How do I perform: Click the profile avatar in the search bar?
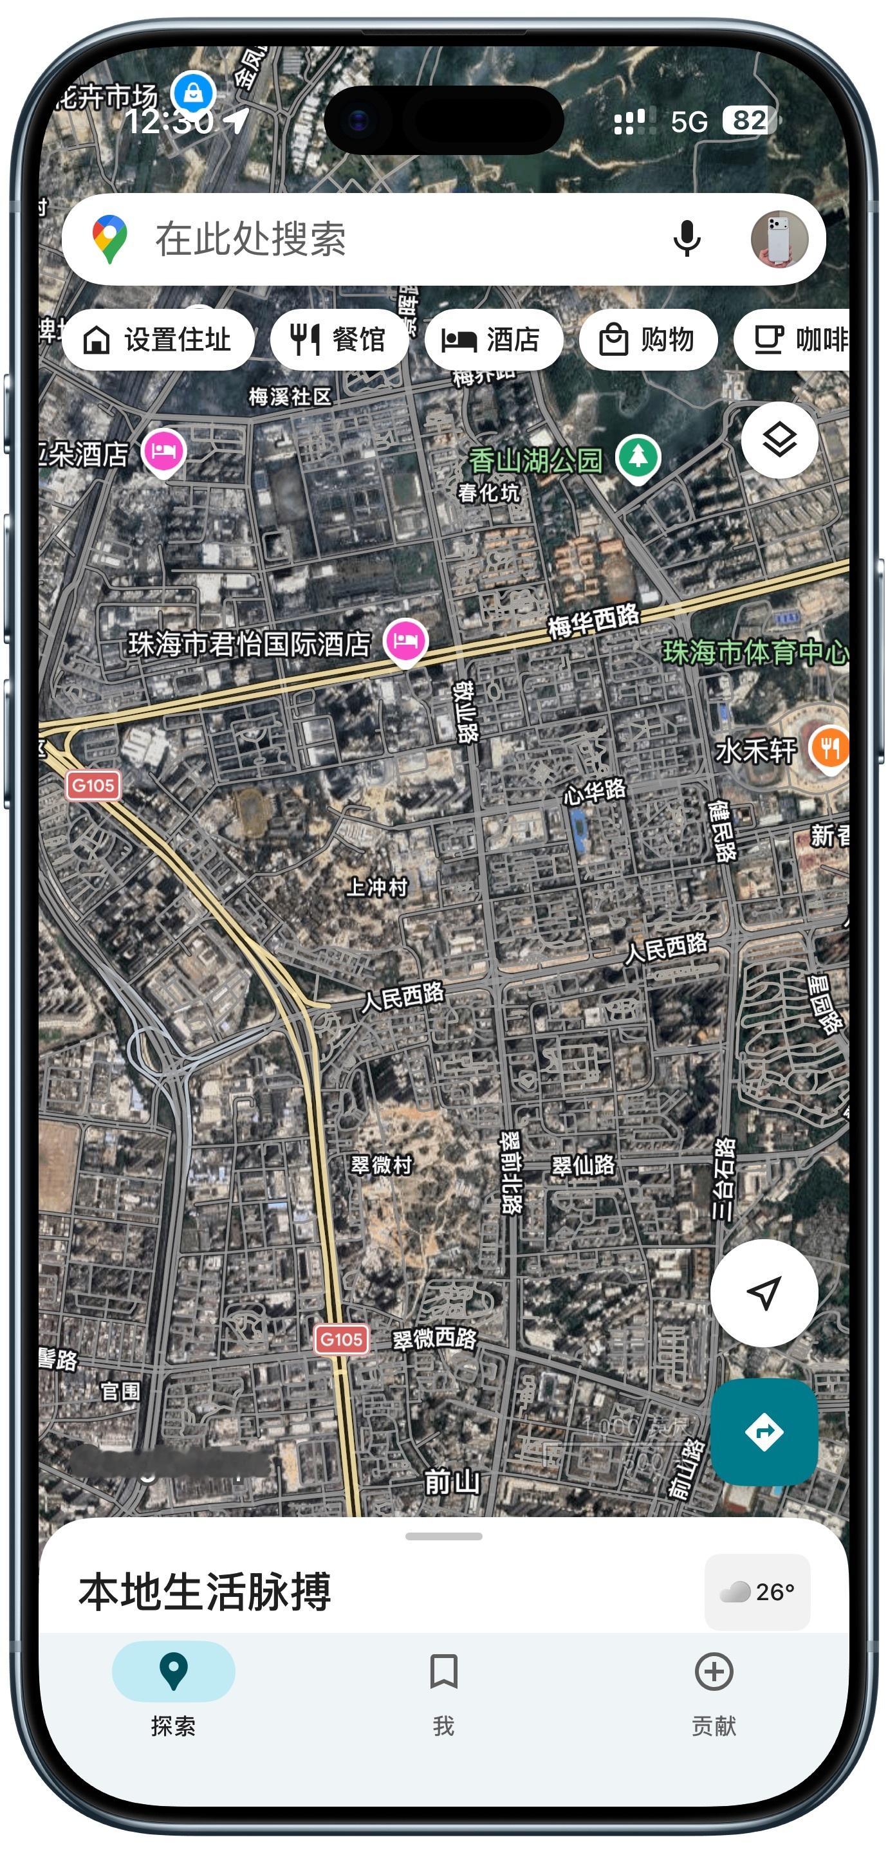pos(779,239)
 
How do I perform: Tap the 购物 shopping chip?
pos(647,340)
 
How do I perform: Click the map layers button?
pos(779,439)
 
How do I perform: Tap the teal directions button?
pos(764,1432)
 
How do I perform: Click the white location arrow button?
pos(764,1293)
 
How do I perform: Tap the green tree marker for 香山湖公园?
pos(638,457)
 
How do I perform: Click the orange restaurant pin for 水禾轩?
pos(829,748)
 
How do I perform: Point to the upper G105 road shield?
pos(93,785)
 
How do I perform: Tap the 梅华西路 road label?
pos(593,622)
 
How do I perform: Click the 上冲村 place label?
pos(376,887)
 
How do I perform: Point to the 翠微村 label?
pos(381,1165)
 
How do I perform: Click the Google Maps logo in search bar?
pos(109,239)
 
